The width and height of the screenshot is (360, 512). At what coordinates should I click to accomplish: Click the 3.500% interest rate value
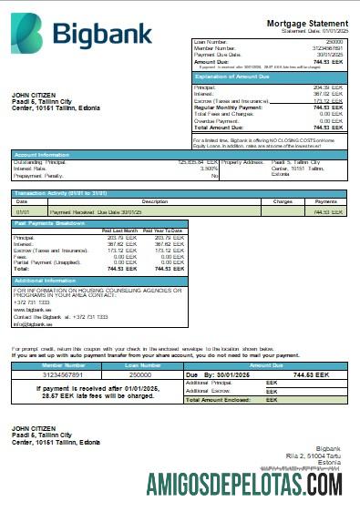click(x=209, y=168)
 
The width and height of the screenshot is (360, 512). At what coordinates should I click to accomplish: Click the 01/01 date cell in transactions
click(x=23, y=211)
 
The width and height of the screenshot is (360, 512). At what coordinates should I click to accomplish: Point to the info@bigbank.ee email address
click(x=32, y=323)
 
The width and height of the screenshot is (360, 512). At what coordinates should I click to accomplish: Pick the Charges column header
click(x=282, y=200)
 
